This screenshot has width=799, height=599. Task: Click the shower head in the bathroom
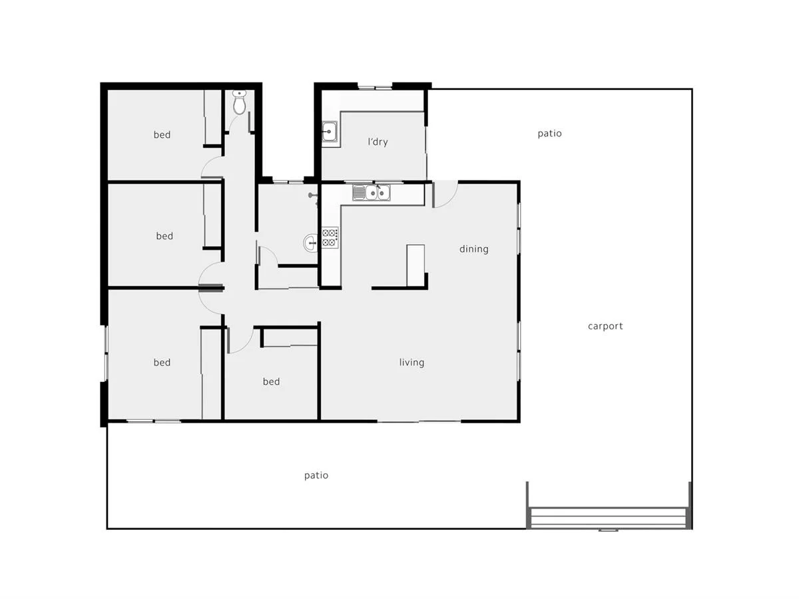click(312, 196)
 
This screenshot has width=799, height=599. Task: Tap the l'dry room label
click(378, 142)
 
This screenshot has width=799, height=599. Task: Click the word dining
click(473, 249)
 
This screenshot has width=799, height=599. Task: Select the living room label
click(411, 363)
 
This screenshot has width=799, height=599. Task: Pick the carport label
click(605, 326)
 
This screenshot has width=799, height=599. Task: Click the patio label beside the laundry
click(549, 133)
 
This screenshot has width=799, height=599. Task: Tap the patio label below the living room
click(316, 475)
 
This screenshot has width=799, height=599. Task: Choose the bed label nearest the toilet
click(162, 134)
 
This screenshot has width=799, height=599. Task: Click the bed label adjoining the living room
click(271, 381)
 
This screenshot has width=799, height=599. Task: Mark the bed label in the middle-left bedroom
click(164, 236)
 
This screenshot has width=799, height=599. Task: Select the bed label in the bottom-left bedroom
click(162, 362)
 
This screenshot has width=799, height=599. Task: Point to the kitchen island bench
click(415, 265)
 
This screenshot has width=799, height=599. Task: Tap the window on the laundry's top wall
click(375, 87)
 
